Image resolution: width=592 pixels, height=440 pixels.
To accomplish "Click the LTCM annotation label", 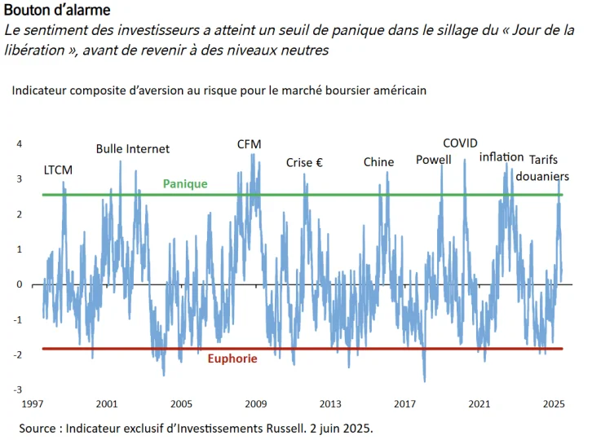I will [58, 170].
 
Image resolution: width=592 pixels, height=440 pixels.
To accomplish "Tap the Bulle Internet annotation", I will [133, 149].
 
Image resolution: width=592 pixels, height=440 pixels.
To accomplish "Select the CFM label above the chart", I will [250, 144].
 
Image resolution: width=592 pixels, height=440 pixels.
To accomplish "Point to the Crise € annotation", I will [304, 163].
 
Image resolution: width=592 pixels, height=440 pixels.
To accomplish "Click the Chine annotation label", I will [378, 162].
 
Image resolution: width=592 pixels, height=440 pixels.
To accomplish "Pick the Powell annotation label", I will [433, 160].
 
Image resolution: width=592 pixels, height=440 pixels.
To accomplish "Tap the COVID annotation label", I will [460, 143].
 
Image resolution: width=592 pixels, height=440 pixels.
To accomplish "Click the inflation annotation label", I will [501, 156].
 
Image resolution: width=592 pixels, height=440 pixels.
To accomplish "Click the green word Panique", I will [185, 184].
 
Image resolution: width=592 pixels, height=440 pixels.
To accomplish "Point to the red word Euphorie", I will [232, 359].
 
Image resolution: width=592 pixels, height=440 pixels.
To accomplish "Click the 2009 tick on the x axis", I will [256, 403].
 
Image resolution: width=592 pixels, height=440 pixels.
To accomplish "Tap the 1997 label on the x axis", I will [33, 403].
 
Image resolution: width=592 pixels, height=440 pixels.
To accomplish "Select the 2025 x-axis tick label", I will [554, 403].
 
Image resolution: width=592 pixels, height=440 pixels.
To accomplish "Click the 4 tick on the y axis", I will [20, 144].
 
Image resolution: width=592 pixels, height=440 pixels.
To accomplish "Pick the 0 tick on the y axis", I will [20, 284].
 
